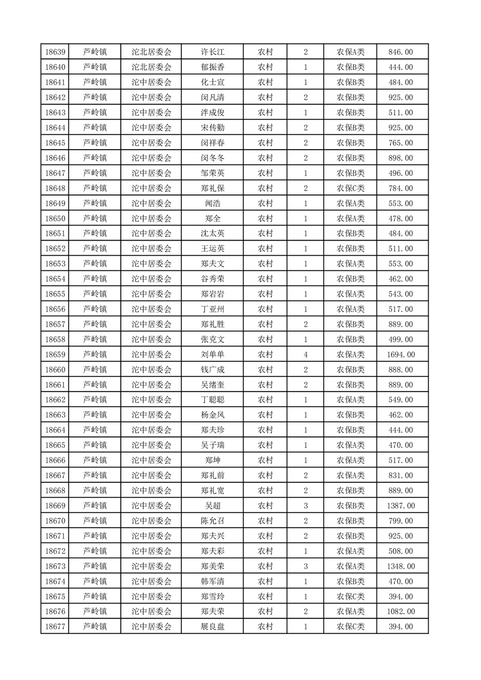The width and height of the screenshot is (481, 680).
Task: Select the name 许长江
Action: (212, 52)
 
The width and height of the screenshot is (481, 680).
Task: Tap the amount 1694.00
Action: (401, 355)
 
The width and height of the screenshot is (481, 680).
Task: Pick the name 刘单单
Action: (212, 355)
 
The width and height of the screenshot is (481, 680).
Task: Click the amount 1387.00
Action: (401, 505)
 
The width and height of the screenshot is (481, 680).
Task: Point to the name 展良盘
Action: (212, 627)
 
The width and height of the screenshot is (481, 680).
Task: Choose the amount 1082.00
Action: (401, 612)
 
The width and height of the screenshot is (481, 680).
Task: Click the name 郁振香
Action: (212, 67)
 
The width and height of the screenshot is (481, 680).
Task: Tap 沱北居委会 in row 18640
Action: (152, 67)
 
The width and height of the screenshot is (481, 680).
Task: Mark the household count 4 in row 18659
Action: (305, 355)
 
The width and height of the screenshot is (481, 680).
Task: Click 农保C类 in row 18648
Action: (351, 188)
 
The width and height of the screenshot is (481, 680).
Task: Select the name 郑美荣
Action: (212, 566)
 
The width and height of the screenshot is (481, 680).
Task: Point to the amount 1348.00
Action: (401, 566)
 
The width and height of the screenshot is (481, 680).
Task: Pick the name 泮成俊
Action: (212, 113)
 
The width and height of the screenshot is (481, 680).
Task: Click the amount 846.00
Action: (401, 52)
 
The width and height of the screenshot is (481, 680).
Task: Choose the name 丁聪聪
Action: (212, 400)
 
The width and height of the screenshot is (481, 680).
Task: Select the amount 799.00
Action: (401, 521)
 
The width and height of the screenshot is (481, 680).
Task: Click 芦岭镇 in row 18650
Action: (95, 219)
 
